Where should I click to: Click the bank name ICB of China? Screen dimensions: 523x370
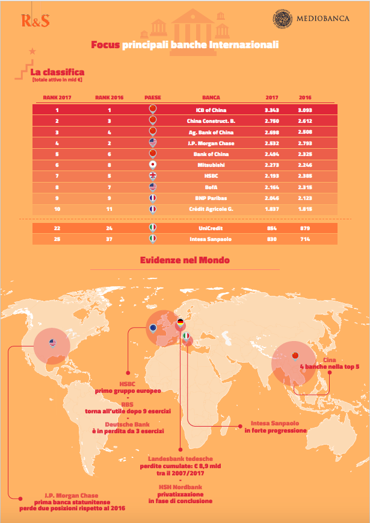coord(211,110)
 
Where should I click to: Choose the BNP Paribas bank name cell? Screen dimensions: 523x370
coord(211,198)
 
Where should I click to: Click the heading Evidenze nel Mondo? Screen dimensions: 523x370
coord(185,260)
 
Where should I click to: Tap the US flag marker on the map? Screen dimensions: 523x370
coord(53,344)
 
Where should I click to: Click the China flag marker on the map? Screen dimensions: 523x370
coord(294,355)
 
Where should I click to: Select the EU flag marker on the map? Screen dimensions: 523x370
coord(154,328)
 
